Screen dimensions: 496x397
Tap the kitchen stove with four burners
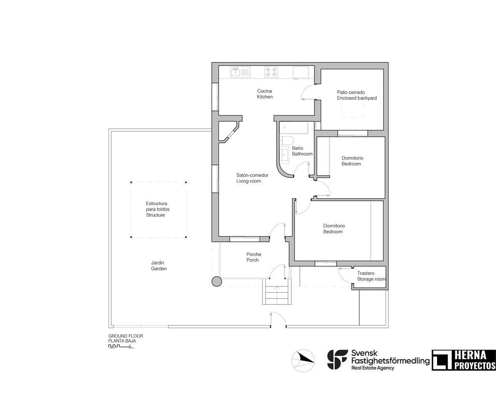click(x=271, y=73)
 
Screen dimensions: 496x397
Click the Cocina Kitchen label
click(x=264, y=94)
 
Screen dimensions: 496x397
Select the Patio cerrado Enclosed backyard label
click(x=356, y=95)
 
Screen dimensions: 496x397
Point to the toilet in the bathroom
click(x=286, y=141)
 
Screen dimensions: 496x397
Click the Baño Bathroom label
click(x=302, y=151)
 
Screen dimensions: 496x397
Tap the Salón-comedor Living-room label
click(x=248, y=178)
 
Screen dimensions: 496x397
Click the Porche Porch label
click(x=253, y=257)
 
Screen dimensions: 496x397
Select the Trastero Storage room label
click(x=371, y=276)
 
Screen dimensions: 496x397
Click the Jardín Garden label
click(x=158, y=265)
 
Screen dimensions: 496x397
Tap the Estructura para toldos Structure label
click(x=157, y=209)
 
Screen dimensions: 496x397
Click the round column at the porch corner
click(x=217, y=281)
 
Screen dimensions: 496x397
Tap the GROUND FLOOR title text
click(x=125, y=335)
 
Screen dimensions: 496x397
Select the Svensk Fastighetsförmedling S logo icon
click(x=337, y=359)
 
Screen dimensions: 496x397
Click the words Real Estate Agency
click(x=372, y=368)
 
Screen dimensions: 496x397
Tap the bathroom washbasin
click(x=283, y=154)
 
